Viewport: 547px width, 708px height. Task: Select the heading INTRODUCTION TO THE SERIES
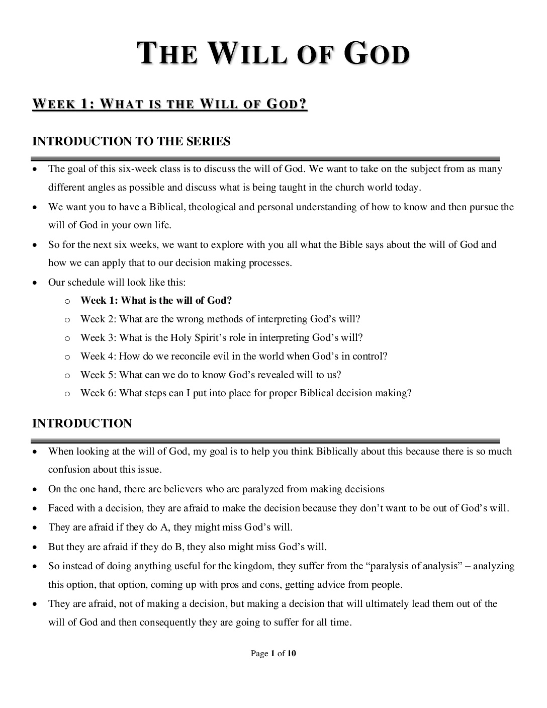coord(131,141)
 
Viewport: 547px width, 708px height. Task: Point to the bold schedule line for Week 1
coord(156,301)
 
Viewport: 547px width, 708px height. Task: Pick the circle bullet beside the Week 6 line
coord(67,394)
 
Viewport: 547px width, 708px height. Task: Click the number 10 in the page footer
coord(291,654)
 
